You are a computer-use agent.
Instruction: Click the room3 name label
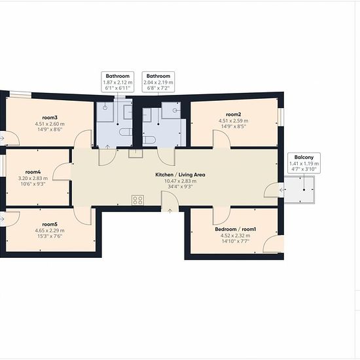[x=50, y=118]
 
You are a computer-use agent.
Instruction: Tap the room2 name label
[x=234, y=115]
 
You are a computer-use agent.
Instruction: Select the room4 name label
[x=33, y=171]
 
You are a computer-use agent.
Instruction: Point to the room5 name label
[x=50, y=224]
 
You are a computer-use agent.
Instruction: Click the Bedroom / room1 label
[x=236, y=229]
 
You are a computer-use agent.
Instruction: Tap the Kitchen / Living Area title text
[x=180, y=175]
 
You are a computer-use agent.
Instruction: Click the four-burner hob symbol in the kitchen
[x=137, y=200]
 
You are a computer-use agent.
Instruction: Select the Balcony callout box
[x=304, y=163]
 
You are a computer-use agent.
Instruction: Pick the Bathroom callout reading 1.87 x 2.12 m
[x=118, y=82]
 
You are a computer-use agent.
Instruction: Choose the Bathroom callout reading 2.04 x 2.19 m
[x=158, y=82]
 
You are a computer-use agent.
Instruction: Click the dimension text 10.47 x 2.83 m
[x=180, y=181]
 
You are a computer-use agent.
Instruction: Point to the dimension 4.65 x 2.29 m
[x=50, y=230]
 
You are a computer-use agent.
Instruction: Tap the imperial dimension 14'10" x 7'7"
[x=236, y=242]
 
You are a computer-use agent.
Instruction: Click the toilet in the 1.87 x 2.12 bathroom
[x=126, y=132]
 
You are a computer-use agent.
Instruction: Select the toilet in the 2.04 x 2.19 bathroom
[x=149, y=139]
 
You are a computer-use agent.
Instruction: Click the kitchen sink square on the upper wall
[x=135, y=153]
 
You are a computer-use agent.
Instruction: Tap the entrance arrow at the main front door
[x=170, y=211]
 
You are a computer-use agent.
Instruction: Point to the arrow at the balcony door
[x=282, y=190]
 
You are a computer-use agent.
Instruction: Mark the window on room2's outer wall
[x=281, y=117]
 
